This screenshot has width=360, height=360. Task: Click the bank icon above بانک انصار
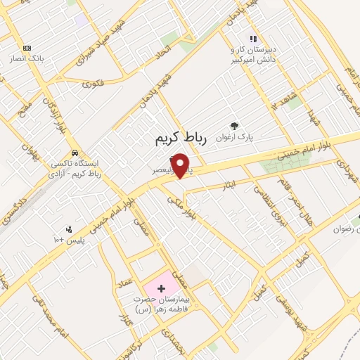click(x=27, y=48)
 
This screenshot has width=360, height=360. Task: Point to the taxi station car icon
click(x=75, y=153)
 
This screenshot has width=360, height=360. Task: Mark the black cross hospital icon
click(x=162, y=288)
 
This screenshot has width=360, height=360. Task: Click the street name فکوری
click(x=93, y=84)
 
